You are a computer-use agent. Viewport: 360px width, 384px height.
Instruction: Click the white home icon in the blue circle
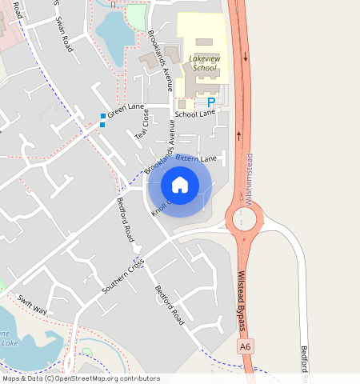[x=180, y=185]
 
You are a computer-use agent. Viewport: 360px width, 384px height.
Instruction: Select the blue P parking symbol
[x=211, y=102]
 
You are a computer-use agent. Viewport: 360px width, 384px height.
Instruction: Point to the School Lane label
[x=195, y=114]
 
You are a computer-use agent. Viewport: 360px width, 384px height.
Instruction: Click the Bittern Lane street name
[x=197, y=159]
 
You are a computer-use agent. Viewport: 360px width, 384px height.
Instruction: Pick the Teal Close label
[x=142, y=123]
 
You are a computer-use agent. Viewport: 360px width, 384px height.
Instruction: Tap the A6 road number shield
[x=245, y=346]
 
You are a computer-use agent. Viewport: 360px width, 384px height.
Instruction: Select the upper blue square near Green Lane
[x=102, y=117]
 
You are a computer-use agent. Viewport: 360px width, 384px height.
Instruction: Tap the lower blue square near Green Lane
[x=102, y=125]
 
